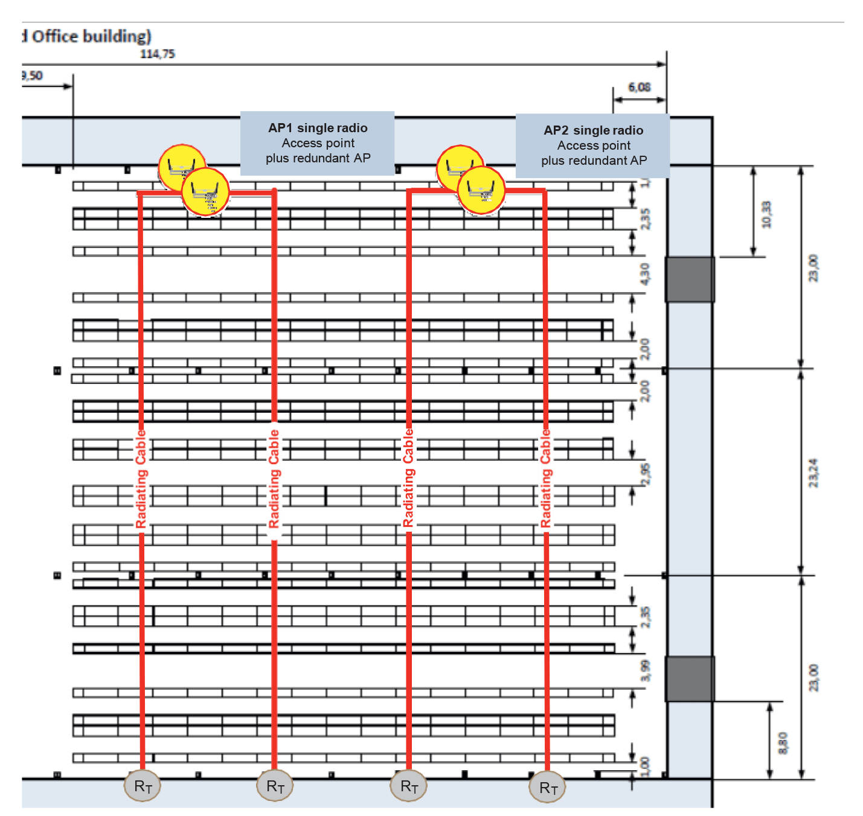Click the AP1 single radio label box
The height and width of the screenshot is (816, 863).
point(317,143)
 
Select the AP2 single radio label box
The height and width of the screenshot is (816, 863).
point(593,145)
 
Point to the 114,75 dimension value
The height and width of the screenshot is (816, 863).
point(158,54)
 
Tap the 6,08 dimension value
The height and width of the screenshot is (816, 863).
point(639,87)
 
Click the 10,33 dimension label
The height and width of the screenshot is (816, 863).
point(766,214)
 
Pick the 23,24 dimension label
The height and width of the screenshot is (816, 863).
point(813,473)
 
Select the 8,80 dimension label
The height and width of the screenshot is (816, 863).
point(783,743)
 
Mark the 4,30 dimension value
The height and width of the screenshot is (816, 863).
point(645,274)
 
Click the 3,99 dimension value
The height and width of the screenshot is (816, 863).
point(646,671)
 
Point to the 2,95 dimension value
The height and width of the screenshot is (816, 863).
point(646,474)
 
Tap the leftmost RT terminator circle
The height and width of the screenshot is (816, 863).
point(143,786)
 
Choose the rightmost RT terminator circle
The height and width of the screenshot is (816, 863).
point(548,788)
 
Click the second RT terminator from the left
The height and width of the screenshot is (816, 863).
point(275,786)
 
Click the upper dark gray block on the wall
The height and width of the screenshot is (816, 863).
point(690,279)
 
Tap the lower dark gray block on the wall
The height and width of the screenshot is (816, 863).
point(690,679)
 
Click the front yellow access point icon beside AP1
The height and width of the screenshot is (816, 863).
point(205,192)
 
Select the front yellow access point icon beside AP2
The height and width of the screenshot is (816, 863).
point(481,191)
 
